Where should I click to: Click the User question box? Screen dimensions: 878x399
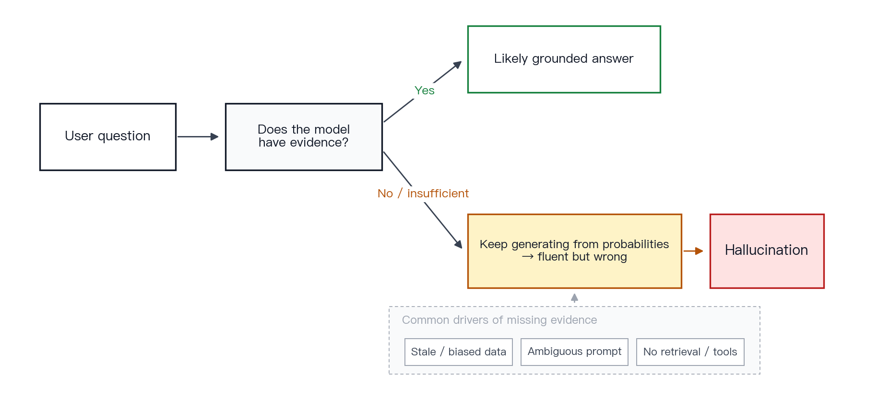pos(108,137)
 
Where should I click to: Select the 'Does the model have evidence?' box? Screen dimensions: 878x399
pos(304,137)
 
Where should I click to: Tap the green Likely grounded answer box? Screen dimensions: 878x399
pos(564,59)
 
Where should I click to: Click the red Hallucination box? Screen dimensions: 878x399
pos(767,251)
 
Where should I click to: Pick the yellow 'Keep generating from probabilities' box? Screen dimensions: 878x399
pos(575,251)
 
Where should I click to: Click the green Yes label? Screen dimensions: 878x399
pos(425,91)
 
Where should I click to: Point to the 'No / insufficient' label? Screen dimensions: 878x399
pos(423,194)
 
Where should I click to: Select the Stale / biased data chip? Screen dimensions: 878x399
pos(459,352)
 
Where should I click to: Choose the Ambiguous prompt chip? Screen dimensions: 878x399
pos(574,352)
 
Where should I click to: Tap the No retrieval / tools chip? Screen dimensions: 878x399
pos(690,352)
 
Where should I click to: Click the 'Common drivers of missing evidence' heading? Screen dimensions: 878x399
pos(499,320)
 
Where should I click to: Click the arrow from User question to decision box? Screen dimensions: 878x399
pos(198,137)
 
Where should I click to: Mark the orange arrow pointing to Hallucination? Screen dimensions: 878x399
pos(693,251)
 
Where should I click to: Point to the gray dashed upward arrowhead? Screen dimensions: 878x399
pos(574,297)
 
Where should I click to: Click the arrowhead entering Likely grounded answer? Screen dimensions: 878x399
pos(458,65)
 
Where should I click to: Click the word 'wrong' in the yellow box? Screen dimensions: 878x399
pos(610,257)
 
